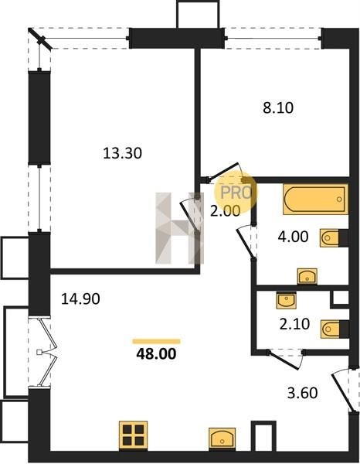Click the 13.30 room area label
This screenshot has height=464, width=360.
coord(122,153)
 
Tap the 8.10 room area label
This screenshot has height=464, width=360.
coord(278,107)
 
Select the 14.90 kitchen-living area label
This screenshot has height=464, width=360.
coord(80,299)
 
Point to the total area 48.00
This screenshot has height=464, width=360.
coord(156,353)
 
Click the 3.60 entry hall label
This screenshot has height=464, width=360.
coord(303,393)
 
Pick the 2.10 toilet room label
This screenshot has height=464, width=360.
coord(294,324)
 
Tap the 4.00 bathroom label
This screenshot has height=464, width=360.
coord(294,237)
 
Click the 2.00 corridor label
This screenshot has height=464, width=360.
coord(226,211)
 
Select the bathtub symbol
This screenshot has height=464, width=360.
coord(315,199)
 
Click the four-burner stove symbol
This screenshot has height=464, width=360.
coord(134,436)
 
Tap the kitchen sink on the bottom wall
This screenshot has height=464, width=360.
coord(222,439)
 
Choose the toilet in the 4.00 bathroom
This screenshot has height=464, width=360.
coord(334,238)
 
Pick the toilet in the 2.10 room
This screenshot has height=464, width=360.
coord(335,329)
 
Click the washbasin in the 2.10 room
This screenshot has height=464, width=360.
coord(286,301)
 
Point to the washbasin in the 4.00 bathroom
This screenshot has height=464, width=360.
coord(307,276)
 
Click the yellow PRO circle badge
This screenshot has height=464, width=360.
coord(236,193)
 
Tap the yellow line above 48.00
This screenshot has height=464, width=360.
coord(156,342)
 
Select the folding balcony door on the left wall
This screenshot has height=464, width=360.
coord(48,352)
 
